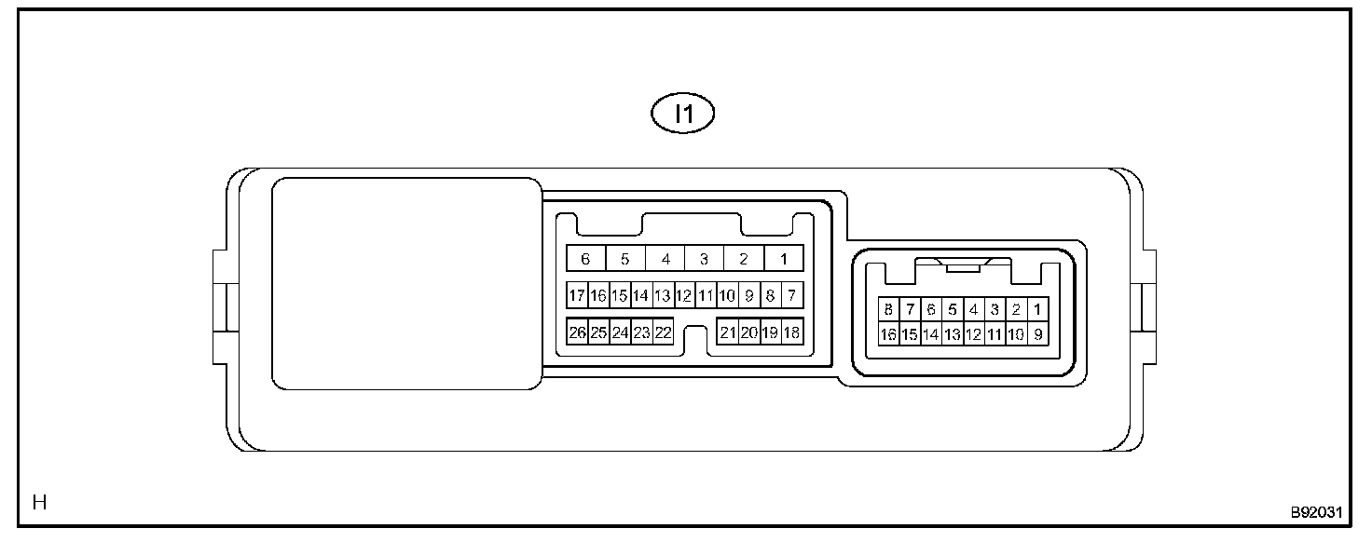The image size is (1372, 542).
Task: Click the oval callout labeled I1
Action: click(x=682, y=115)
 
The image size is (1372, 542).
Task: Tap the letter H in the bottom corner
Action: click(x=39, y=504)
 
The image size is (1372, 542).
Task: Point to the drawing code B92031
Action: click(x=1315, y=512)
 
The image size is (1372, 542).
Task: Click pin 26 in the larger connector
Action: click(x=577, y=332)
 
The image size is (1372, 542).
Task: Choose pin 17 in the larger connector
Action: click(x=577, y=296)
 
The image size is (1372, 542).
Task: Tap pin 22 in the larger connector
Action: click(x=664, y=332)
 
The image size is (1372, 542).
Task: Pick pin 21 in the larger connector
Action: click(x=728, y=332)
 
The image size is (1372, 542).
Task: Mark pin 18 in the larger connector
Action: click(x=792, y=332)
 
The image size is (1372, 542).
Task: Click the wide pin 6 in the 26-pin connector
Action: click(x=585, y=259)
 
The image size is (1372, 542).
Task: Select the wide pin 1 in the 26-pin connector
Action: click(x=784, y=259)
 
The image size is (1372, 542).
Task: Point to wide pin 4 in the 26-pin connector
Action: click(x=665, y=259)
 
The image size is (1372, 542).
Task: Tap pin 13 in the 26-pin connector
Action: click(x=663, y=296)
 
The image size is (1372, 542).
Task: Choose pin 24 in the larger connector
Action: click(x=620, y=332)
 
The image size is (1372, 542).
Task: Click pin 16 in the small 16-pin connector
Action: click(x=888, y=333)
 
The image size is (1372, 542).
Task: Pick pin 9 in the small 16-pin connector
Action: click(x=1037, y=333)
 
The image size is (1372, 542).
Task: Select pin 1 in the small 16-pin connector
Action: click(x=1037, y=309)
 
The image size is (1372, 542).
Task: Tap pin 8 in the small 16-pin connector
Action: click(x=888, y=309)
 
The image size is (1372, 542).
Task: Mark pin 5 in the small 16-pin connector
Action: click(x=952, y=309)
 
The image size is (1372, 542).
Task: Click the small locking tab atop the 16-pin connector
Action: click(x=962, y=267)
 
